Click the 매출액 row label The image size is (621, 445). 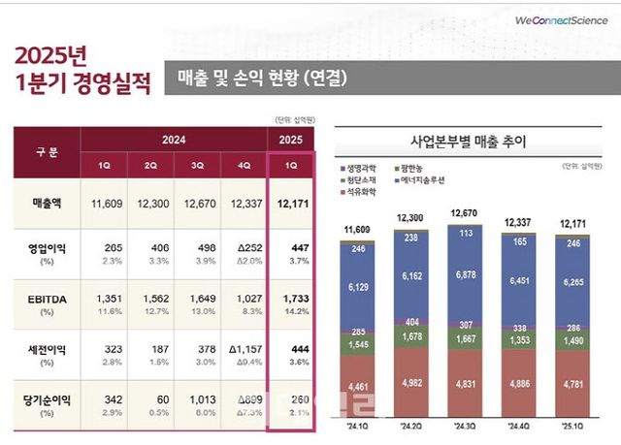(48, 203)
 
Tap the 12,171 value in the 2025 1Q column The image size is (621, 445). (290, 203)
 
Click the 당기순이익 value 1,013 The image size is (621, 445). (198, 398)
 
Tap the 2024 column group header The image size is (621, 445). (174, 140)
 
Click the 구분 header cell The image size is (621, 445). (47, 151)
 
